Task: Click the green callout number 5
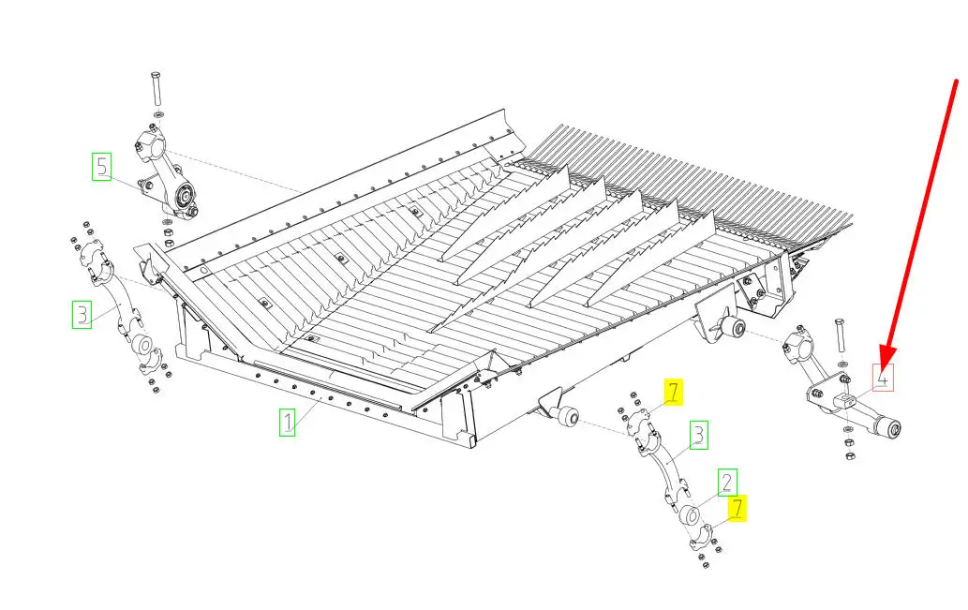[x=102, y=167]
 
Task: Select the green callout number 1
[x=287, y=423]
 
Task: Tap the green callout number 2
[x=727, y=483]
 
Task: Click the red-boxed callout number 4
[x=884, y=378]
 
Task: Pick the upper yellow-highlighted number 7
[x=674, y=392]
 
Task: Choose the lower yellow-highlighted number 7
[x=737, y=508]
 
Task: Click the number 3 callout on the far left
[x=82, y=314]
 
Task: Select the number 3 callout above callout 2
[x=698, y=436]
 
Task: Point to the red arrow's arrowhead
[x=887, y=360]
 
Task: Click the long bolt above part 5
[x=156, y=89]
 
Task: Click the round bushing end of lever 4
[x=890, y=428]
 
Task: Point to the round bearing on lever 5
[x=184, y=197]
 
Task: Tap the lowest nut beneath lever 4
[x=850, y=455]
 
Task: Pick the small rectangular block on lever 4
[x=843, y=401]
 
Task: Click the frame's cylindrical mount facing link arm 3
[x=567, y=417]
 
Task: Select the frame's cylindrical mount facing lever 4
[x=735, y=328]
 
